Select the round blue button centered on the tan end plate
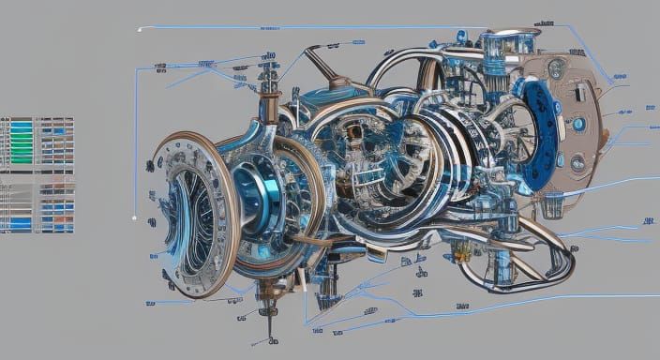(578, 124)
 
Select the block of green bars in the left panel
(20, 141)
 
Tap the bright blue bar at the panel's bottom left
(19, 224)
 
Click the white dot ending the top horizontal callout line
(140, 29)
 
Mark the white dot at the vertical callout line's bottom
(135, 218)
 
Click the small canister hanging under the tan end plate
(553, 202)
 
